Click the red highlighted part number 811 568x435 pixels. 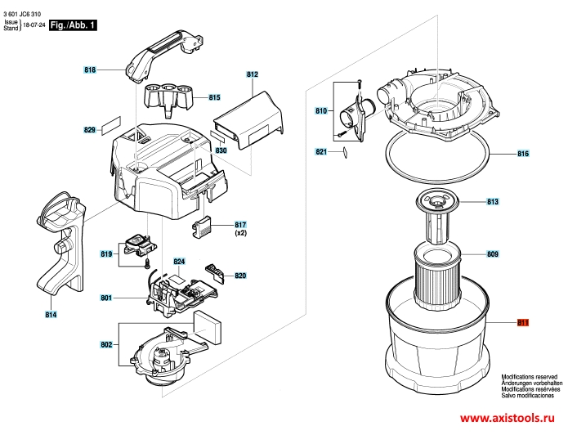coord(523,322)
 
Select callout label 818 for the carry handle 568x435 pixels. coord(90,70)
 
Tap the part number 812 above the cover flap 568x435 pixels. coord(252,74)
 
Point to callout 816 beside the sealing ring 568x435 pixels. coord(523,154)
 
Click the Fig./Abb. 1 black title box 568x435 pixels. coord(74,25)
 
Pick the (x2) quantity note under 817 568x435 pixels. coord(240,233)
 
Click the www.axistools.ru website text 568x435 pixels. coord(508,418)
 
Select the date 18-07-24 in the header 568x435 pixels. coord(34,25)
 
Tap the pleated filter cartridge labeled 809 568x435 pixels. coord(437,277)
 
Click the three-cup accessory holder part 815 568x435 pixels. coord(168,98)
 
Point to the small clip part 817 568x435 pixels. coord(201,227)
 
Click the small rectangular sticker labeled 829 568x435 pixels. coord(111,125)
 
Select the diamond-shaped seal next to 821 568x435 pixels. coord(345,152)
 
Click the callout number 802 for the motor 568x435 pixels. coord(106,345)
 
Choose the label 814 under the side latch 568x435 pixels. coord(51,315)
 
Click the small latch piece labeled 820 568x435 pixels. coord(215,271)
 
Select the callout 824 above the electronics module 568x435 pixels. coord(179,262)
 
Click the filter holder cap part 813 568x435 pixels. coord(437,218)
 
